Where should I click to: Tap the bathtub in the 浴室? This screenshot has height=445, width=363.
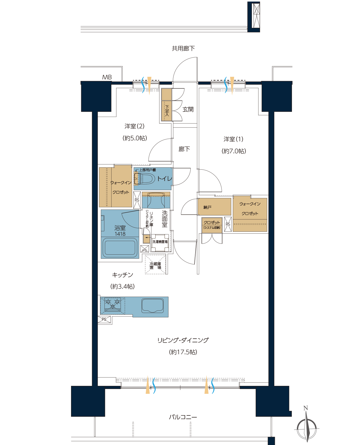click(x=120, y=247)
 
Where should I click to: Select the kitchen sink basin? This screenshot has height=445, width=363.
click(x=152, y=306)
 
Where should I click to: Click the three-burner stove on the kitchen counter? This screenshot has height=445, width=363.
click(x=113, y=304)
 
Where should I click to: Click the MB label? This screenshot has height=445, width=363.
click(x=107, y=77)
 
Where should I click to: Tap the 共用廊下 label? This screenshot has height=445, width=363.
click(x=183, y=48)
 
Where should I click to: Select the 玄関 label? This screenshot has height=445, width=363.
click(x=188, y=109)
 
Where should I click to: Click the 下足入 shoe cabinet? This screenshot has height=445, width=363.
click(x=166, y=105)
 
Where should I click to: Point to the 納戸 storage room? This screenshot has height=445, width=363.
click(x=214, y=207)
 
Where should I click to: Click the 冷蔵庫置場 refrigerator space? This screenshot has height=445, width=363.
click(x=155, y=265)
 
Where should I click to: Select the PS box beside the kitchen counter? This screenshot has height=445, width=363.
click(x=104, y=319)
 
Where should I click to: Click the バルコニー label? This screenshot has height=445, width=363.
click(x=183, y=417)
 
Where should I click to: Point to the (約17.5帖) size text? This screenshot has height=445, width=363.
click(x=183, y=352)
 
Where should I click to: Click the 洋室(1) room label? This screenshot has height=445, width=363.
click(x=234, y=139)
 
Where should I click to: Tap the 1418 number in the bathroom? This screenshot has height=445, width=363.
click(x=120, y=234)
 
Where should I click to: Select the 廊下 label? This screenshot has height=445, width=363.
click(x=184, y=149)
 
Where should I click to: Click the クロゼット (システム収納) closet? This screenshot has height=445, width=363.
click(x=212, y=225)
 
